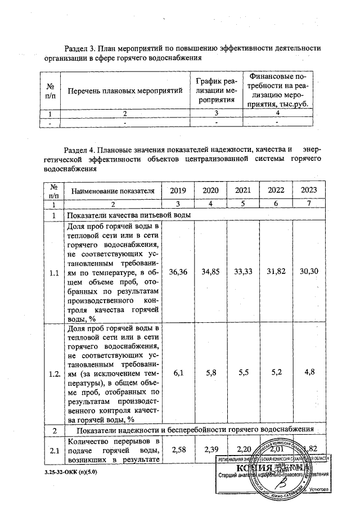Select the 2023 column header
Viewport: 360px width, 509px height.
tap(309, 191)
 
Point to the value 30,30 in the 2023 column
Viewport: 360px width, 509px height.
tap(309, 272)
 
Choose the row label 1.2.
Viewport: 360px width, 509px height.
tap(54, 373)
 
